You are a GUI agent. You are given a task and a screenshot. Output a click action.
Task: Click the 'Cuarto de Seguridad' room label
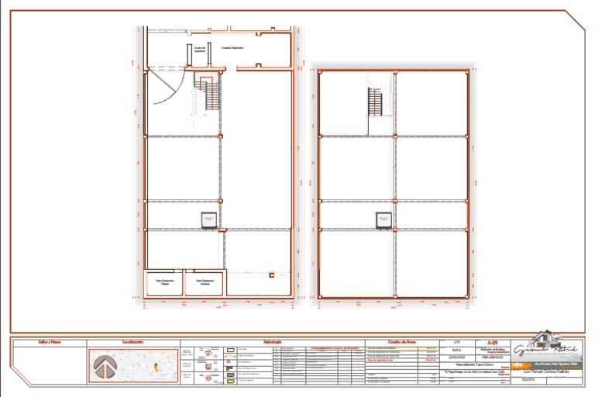pos(199,49)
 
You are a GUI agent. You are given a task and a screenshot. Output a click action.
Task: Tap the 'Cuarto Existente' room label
pos(232,48)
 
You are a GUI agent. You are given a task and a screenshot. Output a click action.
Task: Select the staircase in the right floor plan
pos(375,102)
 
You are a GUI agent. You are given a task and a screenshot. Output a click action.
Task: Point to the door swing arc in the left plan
pos(163,89)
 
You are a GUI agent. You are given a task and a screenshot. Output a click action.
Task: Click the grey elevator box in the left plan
pos(208,220)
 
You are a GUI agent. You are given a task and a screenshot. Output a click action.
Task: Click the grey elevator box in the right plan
pos(383,220)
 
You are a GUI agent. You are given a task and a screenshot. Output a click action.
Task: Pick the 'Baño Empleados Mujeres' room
pos(165,282)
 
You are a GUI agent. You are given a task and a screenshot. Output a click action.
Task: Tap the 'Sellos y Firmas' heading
pos(50,342)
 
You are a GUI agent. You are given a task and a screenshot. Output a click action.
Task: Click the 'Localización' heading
pos(132,342)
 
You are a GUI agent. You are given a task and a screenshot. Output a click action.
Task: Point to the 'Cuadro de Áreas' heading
pos(402,342)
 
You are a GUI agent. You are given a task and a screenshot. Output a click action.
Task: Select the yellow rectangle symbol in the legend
pos(230,380)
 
